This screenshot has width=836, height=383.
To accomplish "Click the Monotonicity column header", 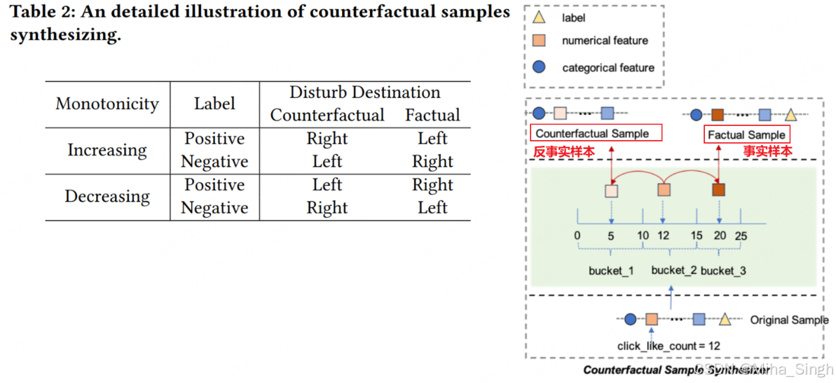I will [x=107, y=104].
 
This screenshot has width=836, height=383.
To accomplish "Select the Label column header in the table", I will [x=214, y=104].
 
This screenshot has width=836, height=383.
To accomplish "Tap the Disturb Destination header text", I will [x=364, y=92].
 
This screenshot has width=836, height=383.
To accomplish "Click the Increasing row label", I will [x=107, y=150].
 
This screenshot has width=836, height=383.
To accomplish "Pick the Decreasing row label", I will [x=107, y=196].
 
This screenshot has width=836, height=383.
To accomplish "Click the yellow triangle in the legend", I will [x=539, y=18].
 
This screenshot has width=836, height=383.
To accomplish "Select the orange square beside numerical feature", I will [x=539, y=41].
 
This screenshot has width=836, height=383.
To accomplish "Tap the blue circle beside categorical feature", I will [x=539, y=67].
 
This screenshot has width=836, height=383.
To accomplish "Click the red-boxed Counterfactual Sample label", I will [x=592, y=134].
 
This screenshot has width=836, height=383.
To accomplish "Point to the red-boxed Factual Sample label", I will [x=746, y=134].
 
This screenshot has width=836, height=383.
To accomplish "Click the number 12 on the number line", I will [x=664, y=236].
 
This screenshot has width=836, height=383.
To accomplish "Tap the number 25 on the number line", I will [x=741, y=236].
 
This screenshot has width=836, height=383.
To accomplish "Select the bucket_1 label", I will [x=611, y=270].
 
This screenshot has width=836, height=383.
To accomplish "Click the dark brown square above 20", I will [x=718, y=190].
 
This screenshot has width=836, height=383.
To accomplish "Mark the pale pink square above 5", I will [x=612, y=190].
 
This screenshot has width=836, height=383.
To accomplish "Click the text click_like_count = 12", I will [x=668, y=345].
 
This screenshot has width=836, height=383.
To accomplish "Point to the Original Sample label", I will [x=789, y=320].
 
